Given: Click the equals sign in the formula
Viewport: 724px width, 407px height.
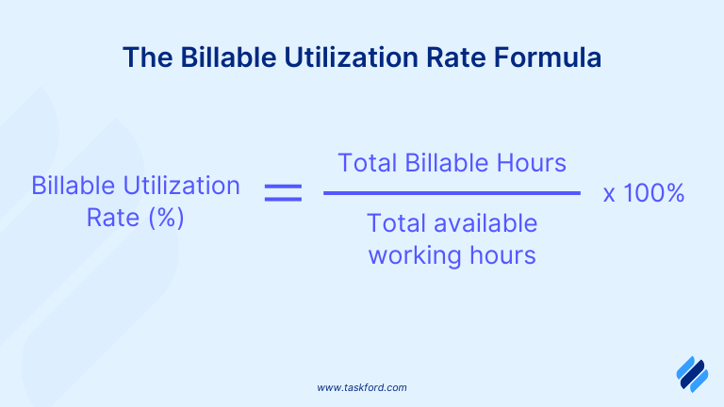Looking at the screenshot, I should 283,193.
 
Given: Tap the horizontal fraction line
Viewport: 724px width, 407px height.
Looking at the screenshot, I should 452,193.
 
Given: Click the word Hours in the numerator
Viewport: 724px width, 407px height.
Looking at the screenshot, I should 535,162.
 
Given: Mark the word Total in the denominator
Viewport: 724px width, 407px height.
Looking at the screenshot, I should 396,223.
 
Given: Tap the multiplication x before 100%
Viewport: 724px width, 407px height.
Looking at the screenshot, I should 609,195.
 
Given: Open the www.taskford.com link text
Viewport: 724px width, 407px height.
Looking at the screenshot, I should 362,387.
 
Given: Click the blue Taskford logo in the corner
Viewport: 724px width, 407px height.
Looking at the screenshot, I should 691,373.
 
